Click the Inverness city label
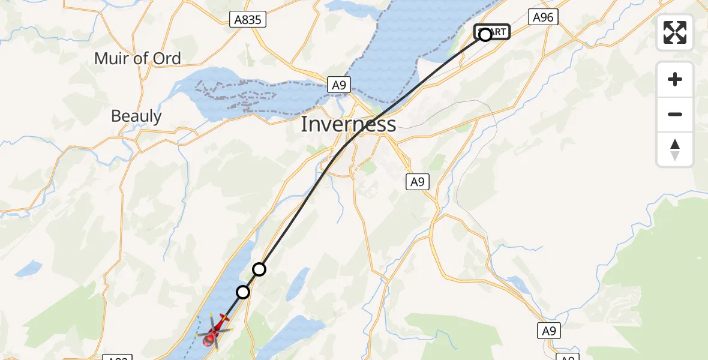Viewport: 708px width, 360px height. pyautogui.click(x=348, y=124)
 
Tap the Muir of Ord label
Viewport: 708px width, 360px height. pyautogui.click(x=137, y=58)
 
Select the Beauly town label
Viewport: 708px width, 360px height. pyautogui.click(x=136, y=116)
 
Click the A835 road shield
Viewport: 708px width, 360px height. pyautogui.click(x=248, y=20)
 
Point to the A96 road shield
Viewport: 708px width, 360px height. pyautogui.click(x=543, y=17)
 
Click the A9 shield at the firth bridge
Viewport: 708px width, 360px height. pyautogui.click(x=339, y=86)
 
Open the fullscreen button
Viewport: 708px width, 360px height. pyautogui.click(x=675, y=32)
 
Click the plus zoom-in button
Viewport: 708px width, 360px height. pyautogui.click(x=675, y=79)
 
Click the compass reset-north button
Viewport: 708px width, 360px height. pyautogui.click(x=675, y=149)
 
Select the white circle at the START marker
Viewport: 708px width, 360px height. pyautogui.click(x=485, y=34)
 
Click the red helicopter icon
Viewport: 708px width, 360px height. pyautogui.click(x=215, y=331)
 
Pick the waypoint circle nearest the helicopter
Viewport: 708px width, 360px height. pyautogui.click(x=243, y=292)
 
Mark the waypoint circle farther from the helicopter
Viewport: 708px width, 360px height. pyautogui.click(x=259, y=269)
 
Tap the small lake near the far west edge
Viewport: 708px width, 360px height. pyautogui.click(x=28, y=269)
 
